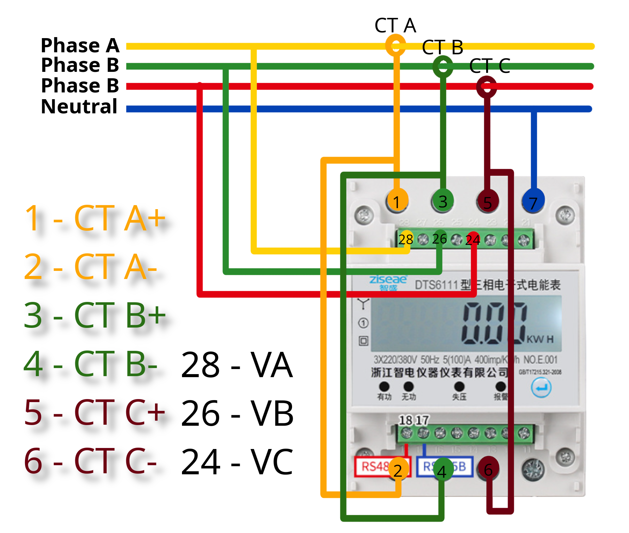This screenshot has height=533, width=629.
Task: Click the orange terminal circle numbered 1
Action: (x=397, y=201)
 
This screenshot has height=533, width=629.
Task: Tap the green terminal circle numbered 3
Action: (x=442, y=201)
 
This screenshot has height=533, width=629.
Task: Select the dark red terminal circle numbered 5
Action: (x=487, y=202)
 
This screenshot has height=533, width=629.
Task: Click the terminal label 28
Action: (x=405, y=239)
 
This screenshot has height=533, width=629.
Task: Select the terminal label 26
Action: (x=439, y=239)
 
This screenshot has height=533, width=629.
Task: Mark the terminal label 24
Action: (x=473, y=240)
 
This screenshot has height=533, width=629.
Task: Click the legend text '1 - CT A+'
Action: (x=95, y=218)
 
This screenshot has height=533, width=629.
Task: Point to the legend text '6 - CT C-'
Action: (x=90, y=461)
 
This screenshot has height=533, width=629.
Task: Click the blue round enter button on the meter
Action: (x=541, y=388)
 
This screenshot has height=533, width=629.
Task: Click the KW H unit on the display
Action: (x=540, y=339)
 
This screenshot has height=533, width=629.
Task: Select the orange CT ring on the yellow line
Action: (x=395, y=45)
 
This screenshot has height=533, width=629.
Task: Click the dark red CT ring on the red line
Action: (x=486, y=87)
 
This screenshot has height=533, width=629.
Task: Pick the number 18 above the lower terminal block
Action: (x=405, y=420)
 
